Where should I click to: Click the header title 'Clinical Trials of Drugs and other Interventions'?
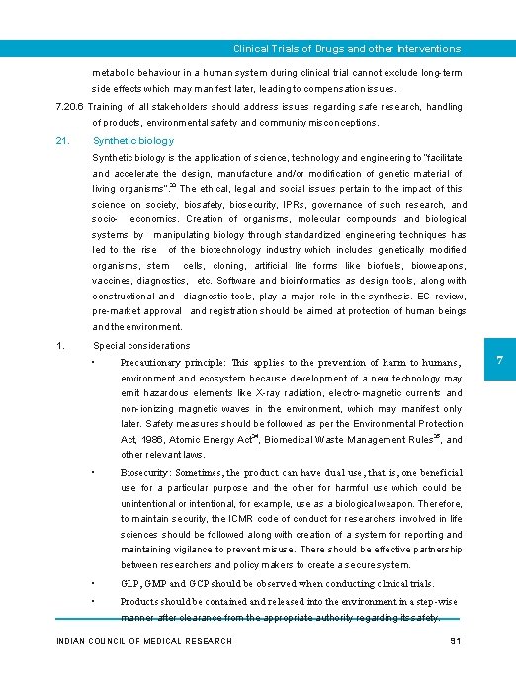coord(346,48)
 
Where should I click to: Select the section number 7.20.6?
coord(72,107)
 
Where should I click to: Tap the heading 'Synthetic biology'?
coord(132,141)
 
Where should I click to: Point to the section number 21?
coord(62,141)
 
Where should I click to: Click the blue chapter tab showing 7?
coord(499,363)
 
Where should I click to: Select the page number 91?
coord(456,641)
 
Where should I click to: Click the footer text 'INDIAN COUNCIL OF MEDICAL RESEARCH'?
coord(145,641)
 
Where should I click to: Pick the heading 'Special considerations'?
coord(141,346)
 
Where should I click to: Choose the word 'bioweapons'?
coord(436,265)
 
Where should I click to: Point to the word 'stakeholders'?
coord(182,107)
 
